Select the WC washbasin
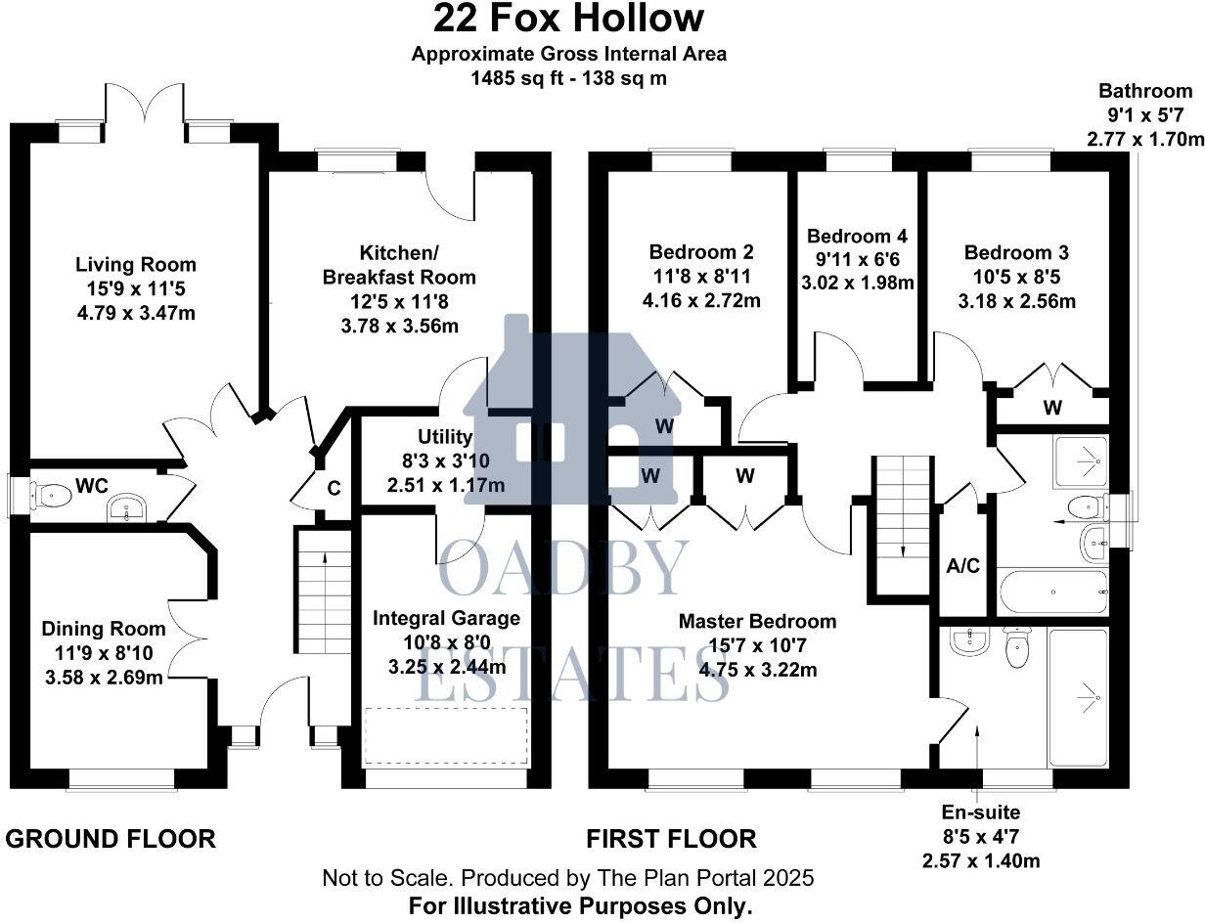127,508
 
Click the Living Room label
136,264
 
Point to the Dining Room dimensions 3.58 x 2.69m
105,678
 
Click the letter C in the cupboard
334,488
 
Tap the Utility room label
445,437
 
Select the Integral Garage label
446,618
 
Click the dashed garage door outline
446,735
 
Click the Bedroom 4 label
858,237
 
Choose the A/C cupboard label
963,566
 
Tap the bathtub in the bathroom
1053,592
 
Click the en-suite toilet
1016,647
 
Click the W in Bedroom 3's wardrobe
1052,408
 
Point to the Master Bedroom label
757,622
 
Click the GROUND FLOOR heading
111,839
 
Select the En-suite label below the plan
981,813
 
